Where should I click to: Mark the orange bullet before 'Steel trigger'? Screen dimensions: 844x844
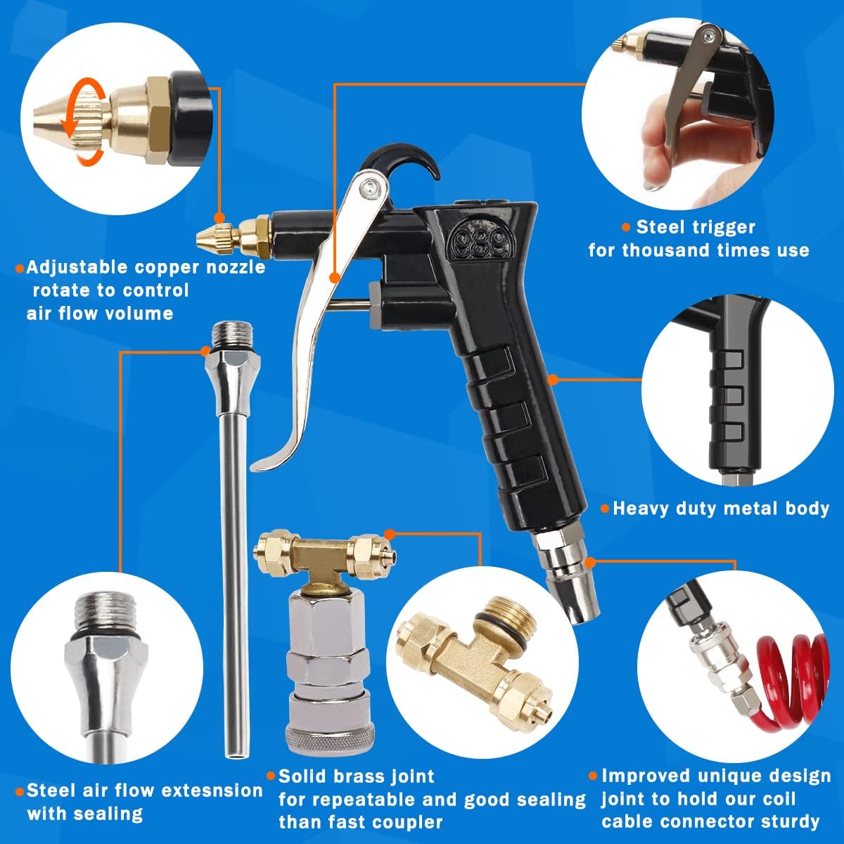(626, 227)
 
